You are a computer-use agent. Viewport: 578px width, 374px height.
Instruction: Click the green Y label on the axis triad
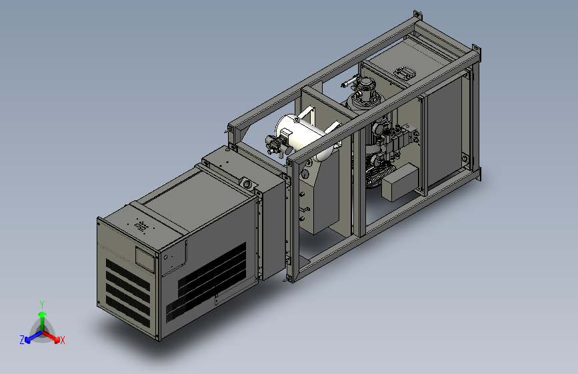click(42, 305)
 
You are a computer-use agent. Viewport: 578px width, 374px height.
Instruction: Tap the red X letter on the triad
click(62, 340)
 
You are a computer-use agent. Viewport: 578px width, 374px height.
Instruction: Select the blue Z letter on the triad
click(22, 340)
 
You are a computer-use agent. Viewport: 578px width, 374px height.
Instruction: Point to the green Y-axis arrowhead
click(43, 314)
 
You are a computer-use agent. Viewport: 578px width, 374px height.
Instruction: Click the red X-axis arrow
click(51, 336)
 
